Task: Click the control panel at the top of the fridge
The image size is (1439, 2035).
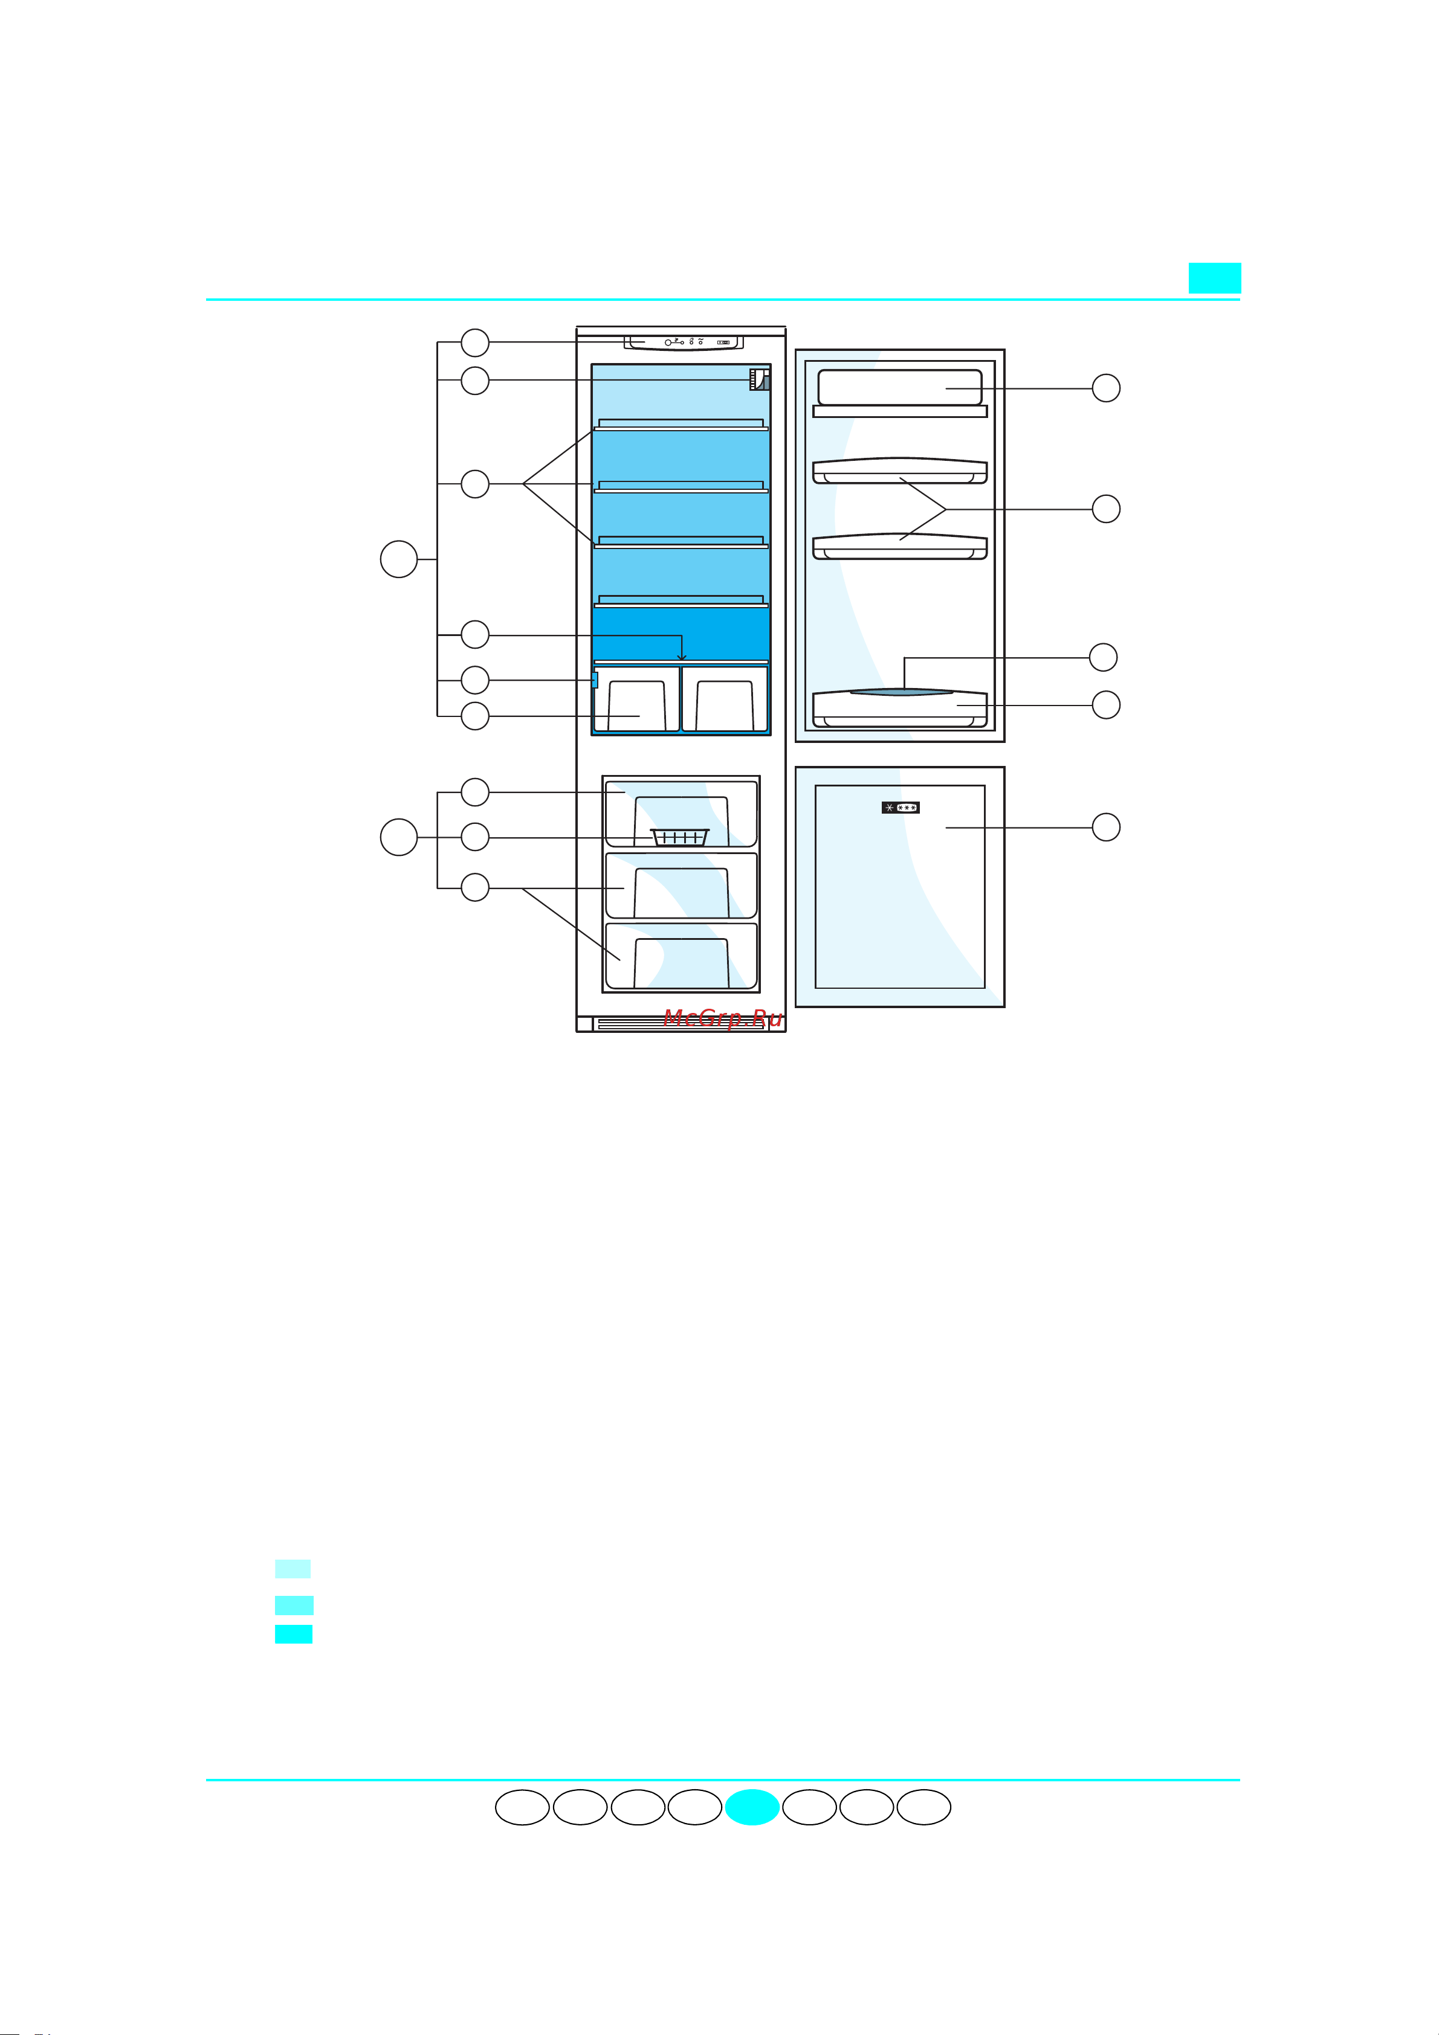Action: (683, 342)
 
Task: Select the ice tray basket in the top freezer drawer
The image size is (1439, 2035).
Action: (680, 837)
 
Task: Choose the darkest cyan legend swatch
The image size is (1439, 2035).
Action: (294, 1633)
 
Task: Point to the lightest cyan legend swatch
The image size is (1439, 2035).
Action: (293, 1569)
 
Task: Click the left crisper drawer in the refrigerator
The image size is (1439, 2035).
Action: (636, 699)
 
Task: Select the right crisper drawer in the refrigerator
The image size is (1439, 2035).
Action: (725, 699)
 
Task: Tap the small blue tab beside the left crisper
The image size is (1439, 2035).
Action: (594, 680)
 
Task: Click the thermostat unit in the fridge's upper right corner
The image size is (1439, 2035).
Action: (760, 379)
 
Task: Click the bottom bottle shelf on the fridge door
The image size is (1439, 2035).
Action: (900, 708)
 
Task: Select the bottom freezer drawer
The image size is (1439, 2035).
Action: (681, 956)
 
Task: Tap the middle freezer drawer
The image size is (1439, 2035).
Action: (681, 886)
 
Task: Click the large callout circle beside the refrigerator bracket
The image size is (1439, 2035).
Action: (399, 559)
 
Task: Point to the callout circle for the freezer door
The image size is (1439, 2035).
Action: (1105, 827)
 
